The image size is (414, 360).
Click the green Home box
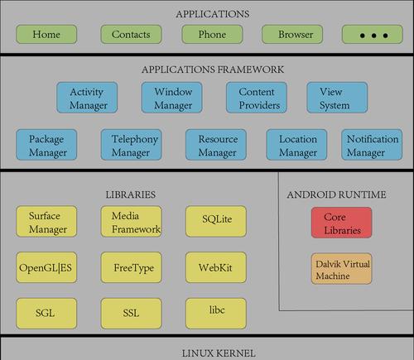click(x=46, y=34)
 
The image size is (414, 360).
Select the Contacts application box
click(x=131, y=34)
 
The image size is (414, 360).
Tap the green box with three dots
click(x=373, y=34)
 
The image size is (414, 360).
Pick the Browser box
click(x=292, y=34)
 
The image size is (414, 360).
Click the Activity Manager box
click(x=87, y=98)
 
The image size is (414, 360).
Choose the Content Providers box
click(x=257, y=98)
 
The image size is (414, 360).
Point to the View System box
click(x=337, y=98)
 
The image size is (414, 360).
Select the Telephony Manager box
click(x=132, y=145)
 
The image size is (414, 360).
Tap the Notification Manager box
click(x=372, y=145)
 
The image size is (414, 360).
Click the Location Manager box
click(x=296, y=145)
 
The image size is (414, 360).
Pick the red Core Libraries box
click(x=342, y=223)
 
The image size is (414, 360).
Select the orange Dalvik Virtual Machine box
click(x=342, y=269)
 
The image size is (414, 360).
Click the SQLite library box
click(x=216, y=221)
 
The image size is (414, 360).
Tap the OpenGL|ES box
click(x=46, y=267)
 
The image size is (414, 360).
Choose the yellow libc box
click(x=216, y=314)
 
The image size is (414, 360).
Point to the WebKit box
click(x=216, y=267)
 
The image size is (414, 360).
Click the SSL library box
click(x=132, y=314)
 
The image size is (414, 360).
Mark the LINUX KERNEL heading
click(x=219, y=353)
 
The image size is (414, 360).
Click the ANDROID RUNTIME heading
click(x=336, y=194)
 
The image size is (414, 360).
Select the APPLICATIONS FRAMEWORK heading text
click(x=213, y=70)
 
